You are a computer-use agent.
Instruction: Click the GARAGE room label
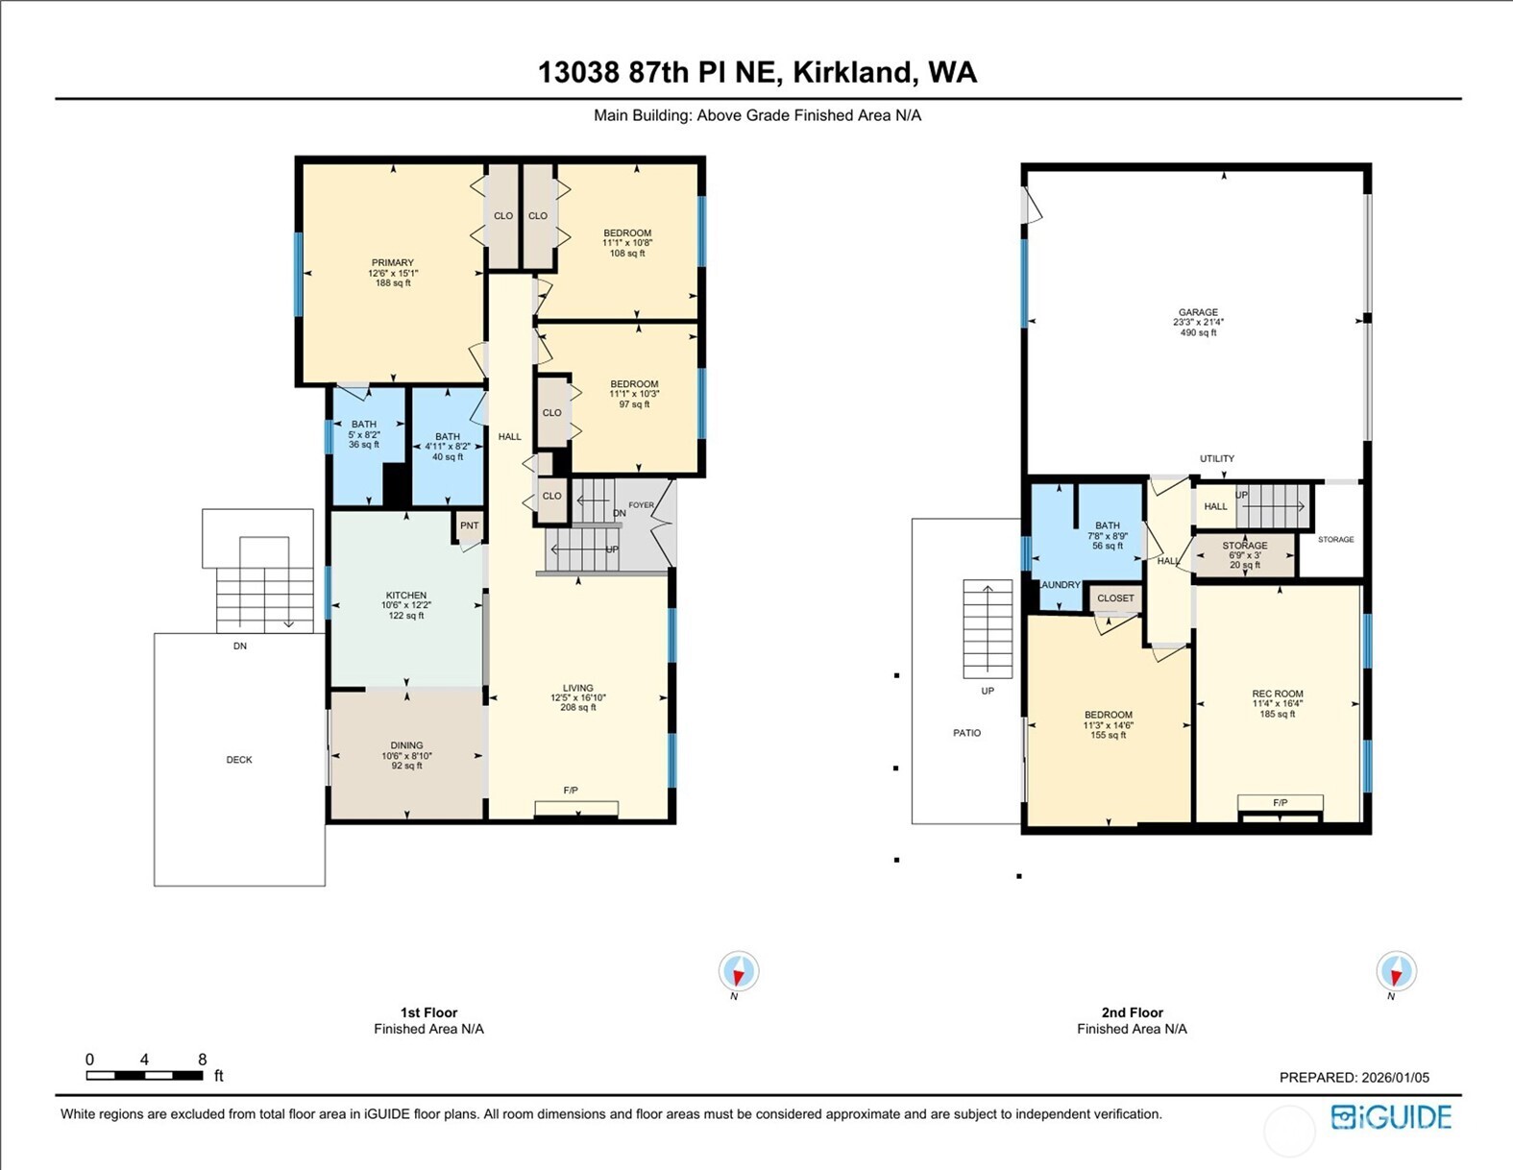[1198, 312]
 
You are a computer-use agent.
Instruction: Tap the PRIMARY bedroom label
[393, 262]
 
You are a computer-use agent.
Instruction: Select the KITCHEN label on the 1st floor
[406, 596]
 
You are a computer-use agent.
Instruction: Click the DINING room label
[406, 745]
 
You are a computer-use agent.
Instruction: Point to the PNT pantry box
[469, 525]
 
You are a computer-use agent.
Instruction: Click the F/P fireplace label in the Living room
[571, 791]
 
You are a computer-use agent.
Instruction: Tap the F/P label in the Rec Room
[1280, 803]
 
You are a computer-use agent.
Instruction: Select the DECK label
[239, 760]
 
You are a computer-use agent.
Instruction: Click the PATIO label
[966, 733]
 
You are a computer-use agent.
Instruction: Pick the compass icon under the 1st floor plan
[738, 971]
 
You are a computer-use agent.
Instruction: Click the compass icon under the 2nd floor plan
[1395, 971]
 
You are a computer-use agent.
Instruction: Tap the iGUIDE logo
[1390, 1117]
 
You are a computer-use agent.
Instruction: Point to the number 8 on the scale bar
[202, 1060]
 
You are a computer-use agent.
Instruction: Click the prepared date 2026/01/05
[1395, 1078]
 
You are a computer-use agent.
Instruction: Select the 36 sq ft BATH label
[364, 425]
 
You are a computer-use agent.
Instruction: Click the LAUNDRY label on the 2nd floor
[1060, 585]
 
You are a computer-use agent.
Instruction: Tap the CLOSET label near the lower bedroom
[1115, 598]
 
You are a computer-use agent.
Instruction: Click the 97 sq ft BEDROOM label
[634, 384]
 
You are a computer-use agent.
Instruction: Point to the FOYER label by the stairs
[641, 505]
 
